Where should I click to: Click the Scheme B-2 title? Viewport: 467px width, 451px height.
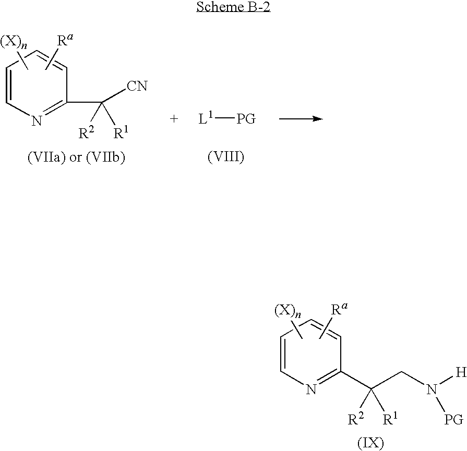point(233,8)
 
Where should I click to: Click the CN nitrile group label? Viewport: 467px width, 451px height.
point(137,86)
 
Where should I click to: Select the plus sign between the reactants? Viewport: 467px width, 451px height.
point(174,119)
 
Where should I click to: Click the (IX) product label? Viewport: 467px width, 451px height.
point(370,443)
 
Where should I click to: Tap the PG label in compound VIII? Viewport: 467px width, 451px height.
point(246,119)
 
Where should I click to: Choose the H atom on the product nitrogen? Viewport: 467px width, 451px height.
point(460,372)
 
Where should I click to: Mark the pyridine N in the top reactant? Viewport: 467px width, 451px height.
point(36,122)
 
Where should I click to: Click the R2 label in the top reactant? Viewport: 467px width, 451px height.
point(86,133)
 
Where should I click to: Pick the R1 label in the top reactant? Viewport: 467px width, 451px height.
point(121,133)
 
